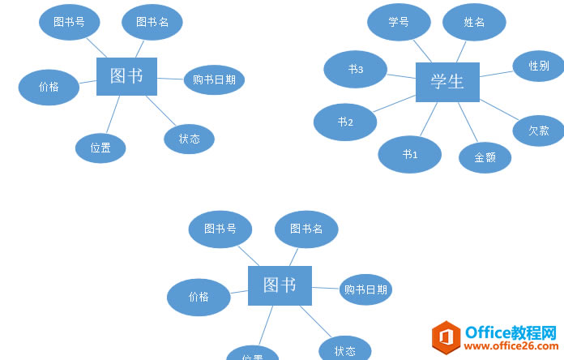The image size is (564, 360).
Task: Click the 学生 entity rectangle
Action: (447, 82)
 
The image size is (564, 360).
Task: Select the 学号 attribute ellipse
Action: (399, 22)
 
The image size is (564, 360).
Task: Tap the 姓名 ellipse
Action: (474, 22)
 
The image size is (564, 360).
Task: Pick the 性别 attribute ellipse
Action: (538, 66)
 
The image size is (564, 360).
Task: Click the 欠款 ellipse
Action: (538, 130)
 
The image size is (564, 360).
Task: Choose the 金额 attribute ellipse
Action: (485, 157)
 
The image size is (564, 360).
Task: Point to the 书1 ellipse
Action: (409, 154)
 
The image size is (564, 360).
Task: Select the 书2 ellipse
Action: (345, 122)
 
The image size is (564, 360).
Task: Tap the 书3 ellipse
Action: (355, 70)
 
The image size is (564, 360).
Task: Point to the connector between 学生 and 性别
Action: (496, 74)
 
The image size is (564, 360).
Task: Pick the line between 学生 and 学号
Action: (423, 50)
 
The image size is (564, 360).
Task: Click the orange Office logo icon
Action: (446, 336)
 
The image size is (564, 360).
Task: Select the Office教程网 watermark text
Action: (511, 332)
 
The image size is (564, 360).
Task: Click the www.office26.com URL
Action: (511, 347)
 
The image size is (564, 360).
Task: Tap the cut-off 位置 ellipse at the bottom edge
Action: (253, 354)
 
